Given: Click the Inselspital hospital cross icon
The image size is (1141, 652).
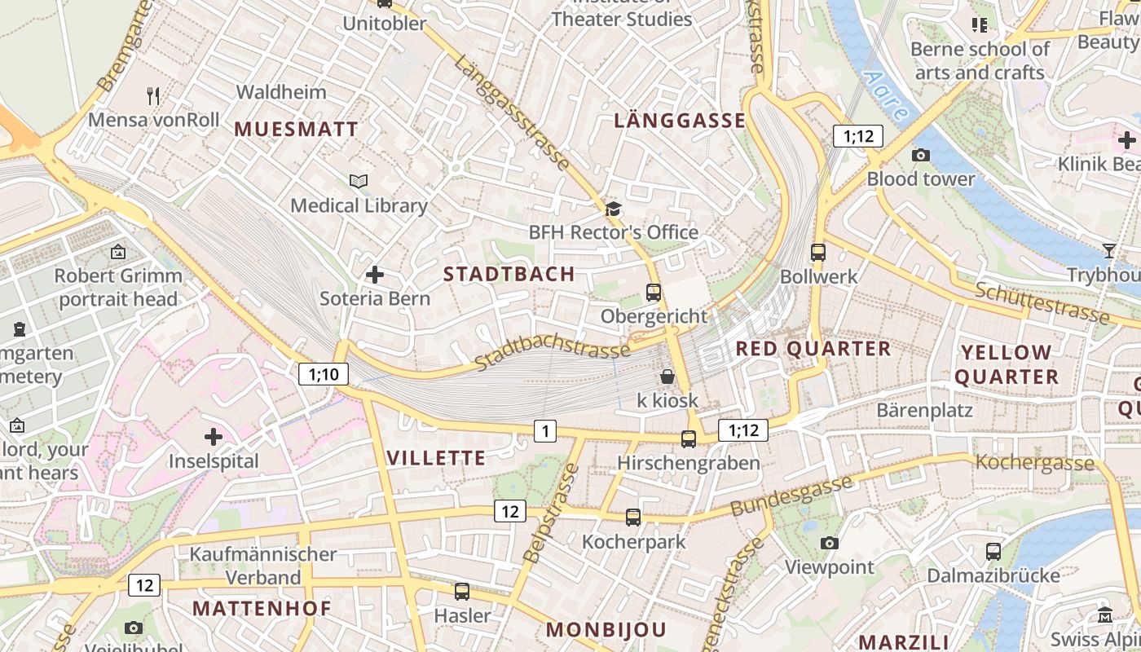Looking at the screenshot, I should coord(214,437).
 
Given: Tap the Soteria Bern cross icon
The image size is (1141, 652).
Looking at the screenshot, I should coord(375,275).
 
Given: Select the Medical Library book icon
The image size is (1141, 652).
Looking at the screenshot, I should coord(359,181).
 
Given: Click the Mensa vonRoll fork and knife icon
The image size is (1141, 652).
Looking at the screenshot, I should coord(153,96).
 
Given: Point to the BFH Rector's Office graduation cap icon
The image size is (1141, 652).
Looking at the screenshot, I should coord(613,209).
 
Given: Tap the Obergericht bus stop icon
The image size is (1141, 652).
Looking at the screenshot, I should coord(653,292).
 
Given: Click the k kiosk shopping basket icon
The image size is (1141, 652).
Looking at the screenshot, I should coord(667,377).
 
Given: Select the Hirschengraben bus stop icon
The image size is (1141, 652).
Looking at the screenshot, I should coord(689,439).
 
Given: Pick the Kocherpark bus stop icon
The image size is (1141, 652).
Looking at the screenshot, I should coord(633,518).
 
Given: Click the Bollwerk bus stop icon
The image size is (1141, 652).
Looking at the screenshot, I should coord(818,253).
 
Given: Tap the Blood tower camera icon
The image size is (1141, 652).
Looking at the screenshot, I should coord(921,155).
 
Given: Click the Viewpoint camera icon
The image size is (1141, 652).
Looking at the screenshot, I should coord(830,543).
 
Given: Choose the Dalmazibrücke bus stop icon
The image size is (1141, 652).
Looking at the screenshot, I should coord(993,552).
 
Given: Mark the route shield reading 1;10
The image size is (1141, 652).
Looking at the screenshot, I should coord(324,374).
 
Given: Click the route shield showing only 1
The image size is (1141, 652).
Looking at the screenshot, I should coord(545,430).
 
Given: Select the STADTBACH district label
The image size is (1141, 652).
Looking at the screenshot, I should coord(509,274).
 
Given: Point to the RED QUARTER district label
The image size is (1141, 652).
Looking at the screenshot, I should coord(813,349).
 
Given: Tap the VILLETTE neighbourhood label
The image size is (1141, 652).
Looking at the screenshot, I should coord(437,458).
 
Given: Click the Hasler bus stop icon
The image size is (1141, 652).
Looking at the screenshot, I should coord(462,592).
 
